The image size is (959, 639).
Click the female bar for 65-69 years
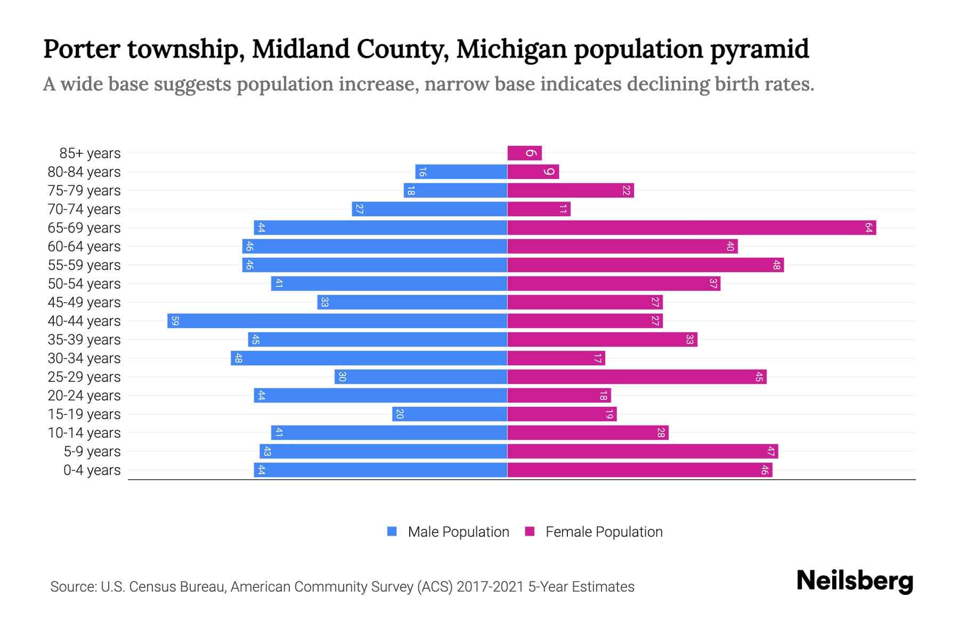[x=692, y=228]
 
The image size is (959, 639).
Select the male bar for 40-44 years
[x=337, y=321]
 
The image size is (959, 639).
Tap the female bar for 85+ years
[x=524, y=153]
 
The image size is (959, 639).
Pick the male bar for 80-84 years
[x=461, y=172]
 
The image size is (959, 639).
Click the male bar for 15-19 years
[x=450, y=414]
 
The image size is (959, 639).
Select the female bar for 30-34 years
[x=556, y=358]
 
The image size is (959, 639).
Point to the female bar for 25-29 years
[x=637, y=377]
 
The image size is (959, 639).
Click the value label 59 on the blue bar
[x=175, y=321]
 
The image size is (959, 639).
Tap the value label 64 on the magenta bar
[x=868, y=228]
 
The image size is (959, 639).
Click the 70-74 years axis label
[x=84, y=209]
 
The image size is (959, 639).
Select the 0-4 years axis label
[x=92, y=470]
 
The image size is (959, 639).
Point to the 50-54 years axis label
[x=84, y=284]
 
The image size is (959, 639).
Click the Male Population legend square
[x=392, y=531]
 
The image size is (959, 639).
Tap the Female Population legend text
[x=604, y=532]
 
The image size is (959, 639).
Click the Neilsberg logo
[x=855, y=581]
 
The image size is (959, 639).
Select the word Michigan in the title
[x=511, y=50]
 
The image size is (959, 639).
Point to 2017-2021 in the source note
[x=490, y=587]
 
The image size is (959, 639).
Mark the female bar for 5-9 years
[x=643, y=452]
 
